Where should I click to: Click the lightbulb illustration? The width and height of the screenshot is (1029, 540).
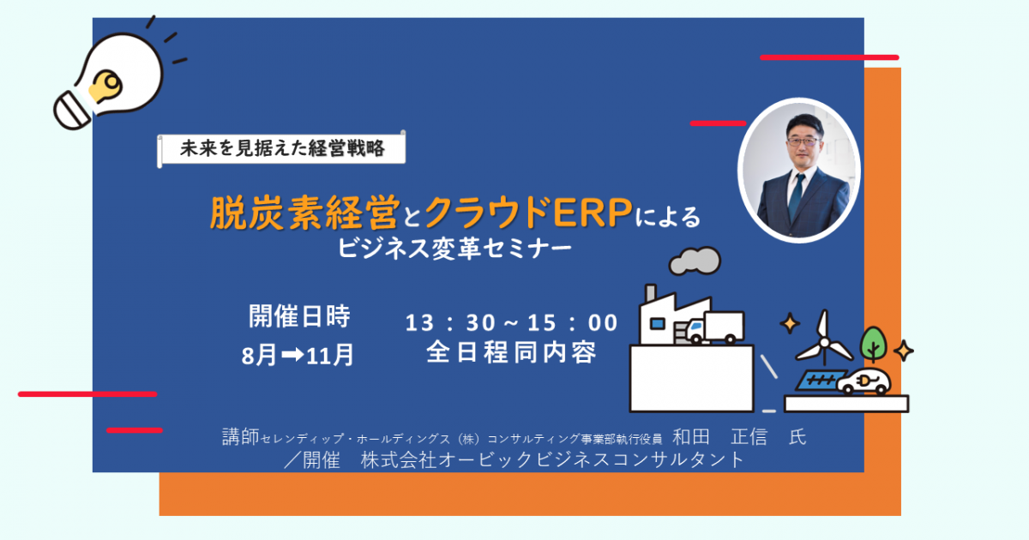111,81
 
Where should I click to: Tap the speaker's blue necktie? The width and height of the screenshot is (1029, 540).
796,196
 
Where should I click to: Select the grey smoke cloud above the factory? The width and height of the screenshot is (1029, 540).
695,261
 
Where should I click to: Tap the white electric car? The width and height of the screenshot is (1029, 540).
864,381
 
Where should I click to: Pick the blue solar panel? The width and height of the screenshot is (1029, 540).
820,381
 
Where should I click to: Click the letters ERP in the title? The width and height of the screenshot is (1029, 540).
593,213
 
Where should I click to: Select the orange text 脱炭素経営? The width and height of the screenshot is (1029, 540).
304,213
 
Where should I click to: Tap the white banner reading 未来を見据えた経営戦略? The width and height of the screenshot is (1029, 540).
281,148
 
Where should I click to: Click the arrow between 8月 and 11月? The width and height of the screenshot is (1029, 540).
292,354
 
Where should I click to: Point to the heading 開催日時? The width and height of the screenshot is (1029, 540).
299,316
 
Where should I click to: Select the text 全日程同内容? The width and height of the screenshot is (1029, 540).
511,352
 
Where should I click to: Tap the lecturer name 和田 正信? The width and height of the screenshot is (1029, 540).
719,436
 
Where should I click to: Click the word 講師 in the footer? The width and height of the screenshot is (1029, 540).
241,436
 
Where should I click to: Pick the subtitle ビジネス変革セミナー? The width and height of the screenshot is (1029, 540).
454,249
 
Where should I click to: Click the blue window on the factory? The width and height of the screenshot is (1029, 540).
658,324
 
